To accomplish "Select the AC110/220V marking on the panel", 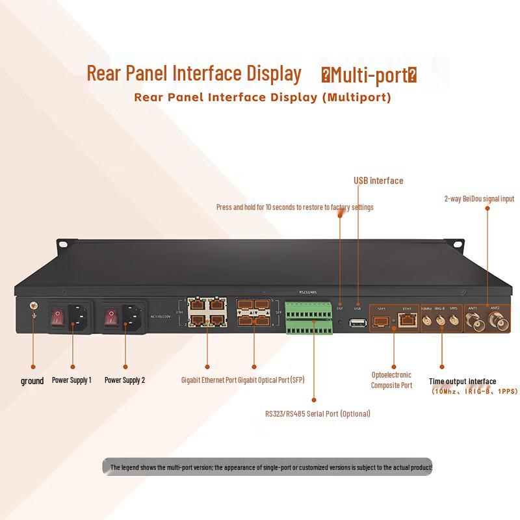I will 160,317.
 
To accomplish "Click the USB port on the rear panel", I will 357,323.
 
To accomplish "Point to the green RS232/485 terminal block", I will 310,317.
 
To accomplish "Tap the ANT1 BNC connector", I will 474,320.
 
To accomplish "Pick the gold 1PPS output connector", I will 453,319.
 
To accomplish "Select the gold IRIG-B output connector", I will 441,319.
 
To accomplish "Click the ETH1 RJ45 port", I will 407,319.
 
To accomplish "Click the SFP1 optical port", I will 382,319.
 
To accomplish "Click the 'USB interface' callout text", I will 378,181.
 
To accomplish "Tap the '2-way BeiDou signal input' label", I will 479,198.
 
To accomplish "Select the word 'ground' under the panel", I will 32,381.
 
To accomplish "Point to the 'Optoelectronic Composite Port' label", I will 392,380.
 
